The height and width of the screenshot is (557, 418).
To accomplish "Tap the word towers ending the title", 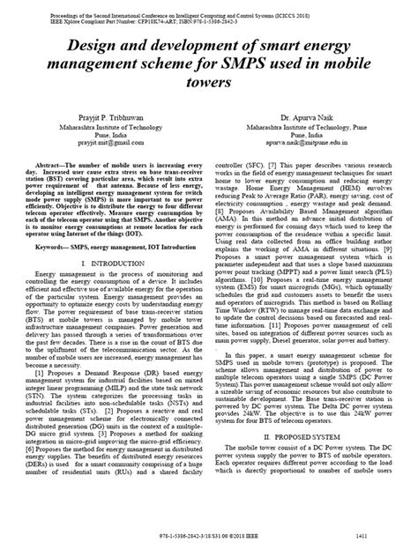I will pyautogui.click(x=208, y=82).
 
